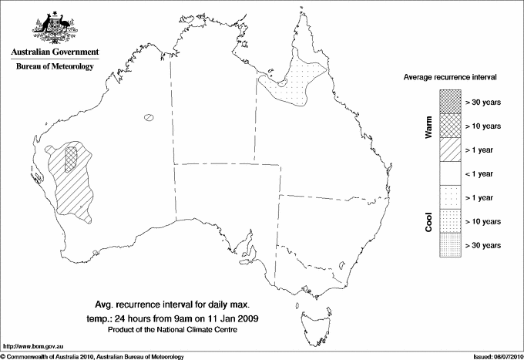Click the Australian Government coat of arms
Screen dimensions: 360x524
(54, 29)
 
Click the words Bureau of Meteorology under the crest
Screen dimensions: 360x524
(54, 67)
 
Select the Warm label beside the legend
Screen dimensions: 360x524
(429, 126)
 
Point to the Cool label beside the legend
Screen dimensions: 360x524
(429, 221)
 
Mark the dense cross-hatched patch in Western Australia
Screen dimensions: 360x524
(72, 157)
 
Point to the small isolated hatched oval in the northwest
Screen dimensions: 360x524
(149, 118)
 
